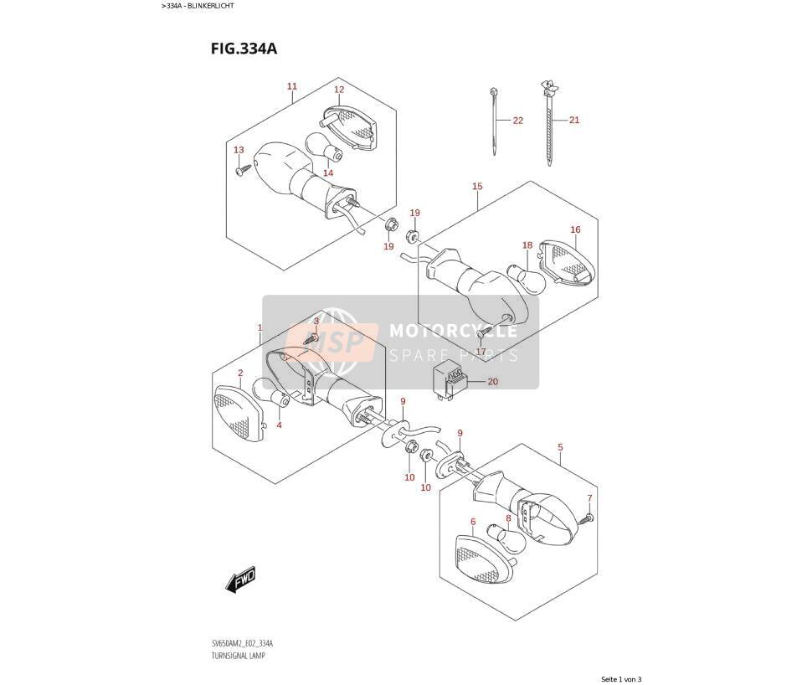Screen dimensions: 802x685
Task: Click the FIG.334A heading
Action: click(x=244, y=49)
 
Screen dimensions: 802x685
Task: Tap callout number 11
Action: click(x=292, y=86)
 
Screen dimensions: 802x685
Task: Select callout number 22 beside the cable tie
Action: click(x=518, y=121)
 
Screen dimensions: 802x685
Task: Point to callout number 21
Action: click(x=574, y=121)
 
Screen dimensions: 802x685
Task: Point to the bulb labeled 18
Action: click(x=523, y=278)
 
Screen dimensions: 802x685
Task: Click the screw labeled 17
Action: click(x=483, y=333)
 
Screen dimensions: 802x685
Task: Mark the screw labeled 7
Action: click(x=586, y=519)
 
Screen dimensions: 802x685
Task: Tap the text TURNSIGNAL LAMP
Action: click(x=238, y=656)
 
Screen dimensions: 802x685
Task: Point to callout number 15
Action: click(x=477, y=187)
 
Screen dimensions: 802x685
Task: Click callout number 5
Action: click(x=560, y=448)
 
